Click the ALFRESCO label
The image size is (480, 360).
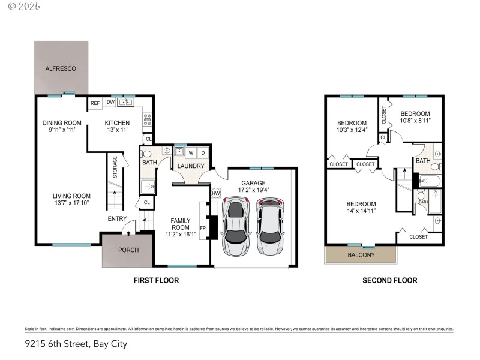(61, 69)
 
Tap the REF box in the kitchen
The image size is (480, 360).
(95, 103)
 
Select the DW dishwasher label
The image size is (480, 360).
(110, 102)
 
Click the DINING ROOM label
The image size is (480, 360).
(61, 123)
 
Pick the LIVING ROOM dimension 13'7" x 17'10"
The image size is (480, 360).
(71, 202)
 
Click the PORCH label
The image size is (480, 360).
(128, 250)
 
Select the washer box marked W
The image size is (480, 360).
(191, 152)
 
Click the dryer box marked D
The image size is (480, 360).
(203, 152)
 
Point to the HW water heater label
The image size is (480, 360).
(215, 193)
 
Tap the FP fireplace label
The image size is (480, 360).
(202, 228)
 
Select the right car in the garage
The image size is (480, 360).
(270, 227)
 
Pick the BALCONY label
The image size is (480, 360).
(361, 255)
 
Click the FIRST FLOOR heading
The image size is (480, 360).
(155, 280)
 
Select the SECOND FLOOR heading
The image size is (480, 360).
(389, 280)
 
